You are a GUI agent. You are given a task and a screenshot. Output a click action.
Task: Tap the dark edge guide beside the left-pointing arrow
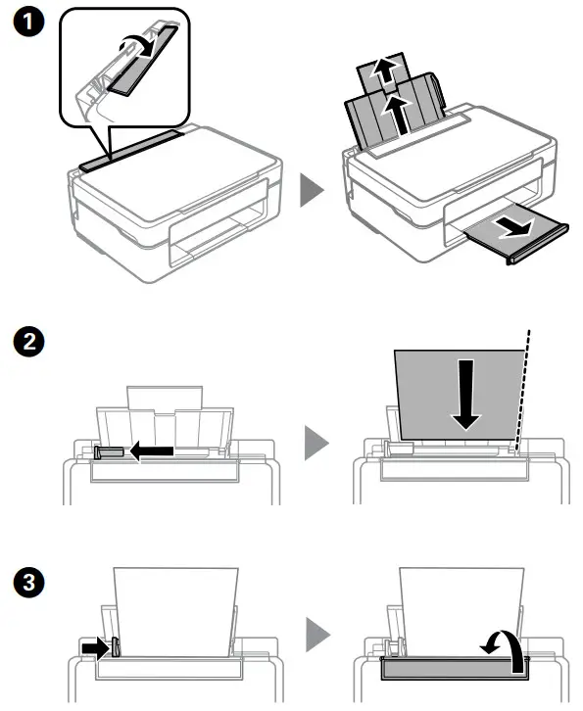click(109, 451)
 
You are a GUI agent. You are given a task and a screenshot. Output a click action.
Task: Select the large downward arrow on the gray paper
click(467, 394)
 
